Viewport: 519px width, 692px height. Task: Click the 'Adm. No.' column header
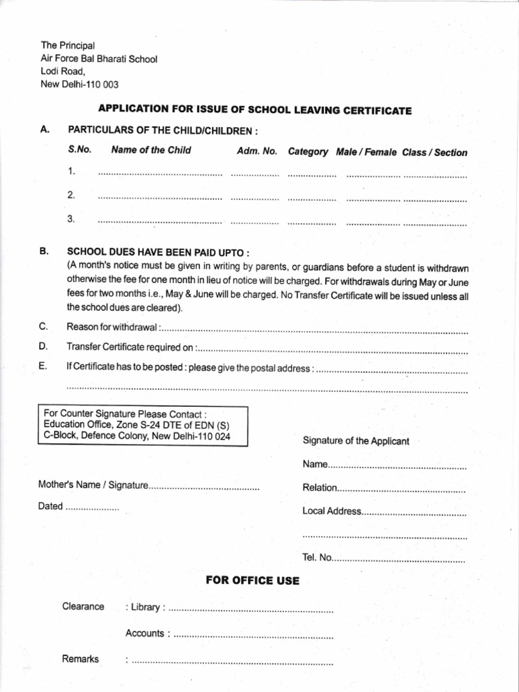[x=257, y=151]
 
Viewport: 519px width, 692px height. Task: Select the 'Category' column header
[x=308, y=152]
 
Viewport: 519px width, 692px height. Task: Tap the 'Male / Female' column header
[x=366, y=152]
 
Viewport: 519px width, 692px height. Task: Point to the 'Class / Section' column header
[x=435, y=153]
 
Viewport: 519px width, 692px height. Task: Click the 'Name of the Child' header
[x=151, y=150]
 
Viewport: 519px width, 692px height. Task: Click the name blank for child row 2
[x=159, y=199]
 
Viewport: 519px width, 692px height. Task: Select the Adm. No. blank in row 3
[x=255, y=222]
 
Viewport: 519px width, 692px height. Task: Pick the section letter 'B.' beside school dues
[x=44, y=251]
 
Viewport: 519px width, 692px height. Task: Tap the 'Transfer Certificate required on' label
[x=130, y=347]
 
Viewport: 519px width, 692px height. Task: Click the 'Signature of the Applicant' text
[x=355, y=441]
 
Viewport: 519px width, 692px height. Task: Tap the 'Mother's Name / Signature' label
[x=93, y=485]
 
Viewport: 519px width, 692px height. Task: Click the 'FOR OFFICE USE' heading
[x=252, y=580]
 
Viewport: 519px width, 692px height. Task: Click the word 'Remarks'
[x=80, y=659]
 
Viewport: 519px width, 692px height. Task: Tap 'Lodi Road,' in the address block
[x=64, y=71]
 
